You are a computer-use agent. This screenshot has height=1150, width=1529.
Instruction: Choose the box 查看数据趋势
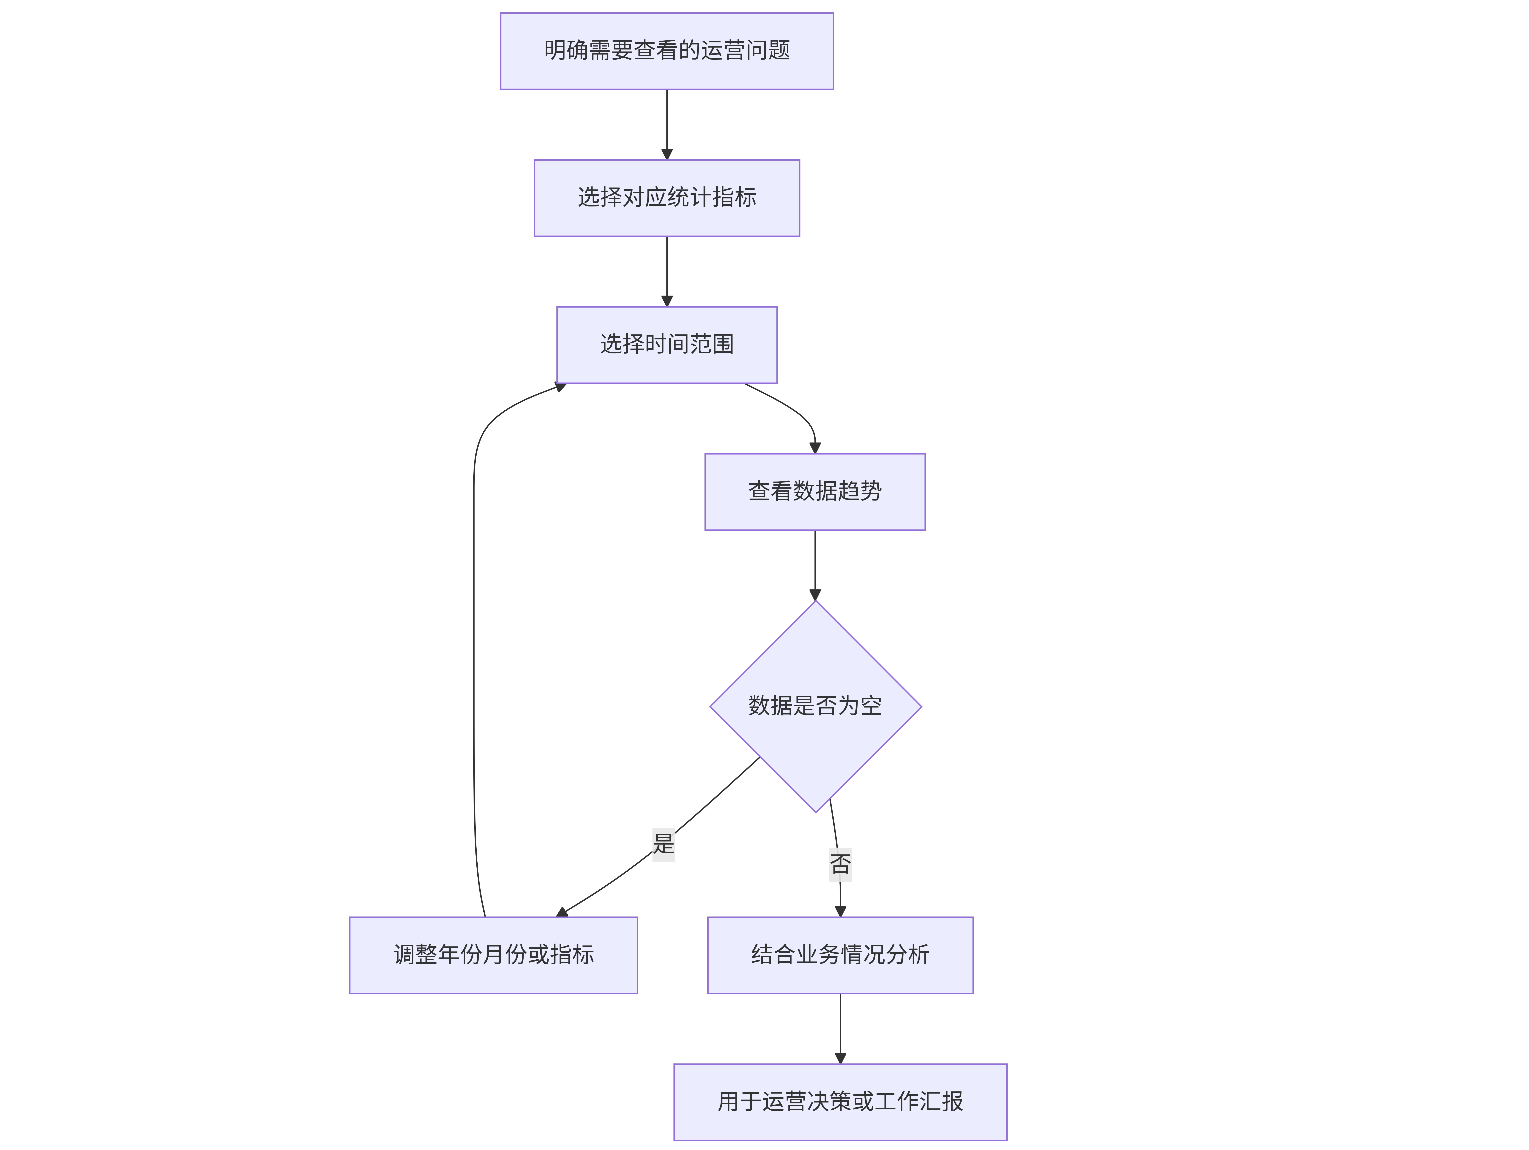(815, 492)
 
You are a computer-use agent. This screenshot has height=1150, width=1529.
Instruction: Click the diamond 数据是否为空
(816, 706)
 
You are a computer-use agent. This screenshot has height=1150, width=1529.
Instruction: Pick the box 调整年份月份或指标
(494, 955)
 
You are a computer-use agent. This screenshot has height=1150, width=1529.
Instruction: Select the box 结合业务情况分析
(841, 955)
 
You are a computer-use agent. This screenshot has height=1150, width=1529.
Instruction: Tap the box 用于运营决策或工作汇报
(841, 1102)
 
